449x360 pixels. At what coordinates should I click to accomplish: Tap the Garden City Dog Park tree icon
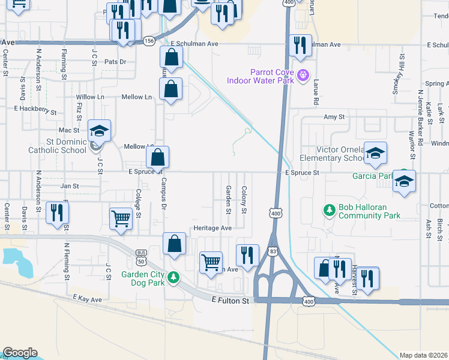173,277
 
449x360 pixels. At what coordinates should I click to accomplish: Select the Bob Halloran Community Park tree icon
329,210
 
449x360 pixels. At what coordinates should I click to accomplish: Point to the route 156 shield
149,40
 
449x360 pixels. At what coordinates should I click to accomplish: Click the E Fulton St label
230,300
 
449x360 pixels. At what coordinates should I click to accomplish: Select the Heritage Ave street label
212,229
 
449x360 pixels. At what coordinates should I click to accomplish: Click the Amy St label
334,118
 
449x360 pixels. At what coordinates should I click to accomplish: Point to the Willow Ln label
90,97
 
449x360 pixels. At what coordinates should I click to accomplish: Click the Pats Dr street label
116,62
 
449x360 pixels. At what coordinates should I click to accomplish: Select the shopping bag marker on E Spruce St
157,158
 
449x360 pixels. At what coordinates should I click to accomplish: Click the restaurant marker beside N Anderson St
58,212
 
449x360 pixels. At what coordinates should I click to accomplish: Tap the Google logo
20,353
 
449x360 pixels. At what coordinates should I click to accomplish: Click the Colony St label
244,199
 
